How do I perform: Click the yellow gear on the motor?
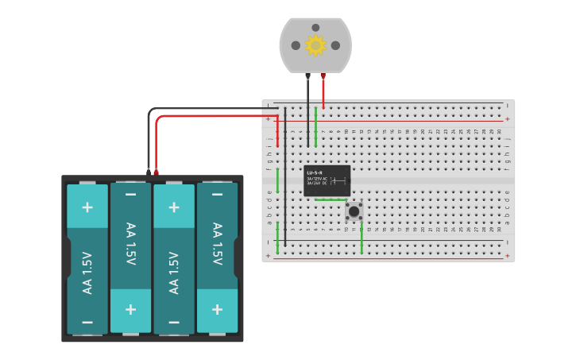tap(315, 45)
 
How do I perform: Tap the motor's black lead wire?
tap(308, 111)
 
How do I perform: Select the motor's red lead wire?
tap(323, 91)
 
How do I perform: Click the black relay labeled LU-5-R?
tap(327, 180)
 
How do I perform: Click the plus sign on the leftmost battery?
tap(87, 207)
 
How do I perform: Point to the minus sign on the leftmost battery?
tap(87, 322)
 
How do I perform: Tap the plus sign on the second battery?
tap(130, 309)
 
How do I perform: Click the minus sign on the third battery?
tap(173, 322)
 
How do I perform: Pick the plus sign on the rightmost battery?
tap(217, 309)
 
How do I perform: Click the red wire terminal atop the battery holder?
tap(156, 172)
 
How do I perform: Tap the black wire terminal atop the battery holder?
tap(149, 172)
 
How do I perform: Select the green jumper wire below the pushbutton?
tap(362, 238)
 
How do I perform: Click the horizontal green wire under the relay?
tap(331, 199)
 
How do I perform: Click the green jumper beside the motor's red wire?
tap(316, 127)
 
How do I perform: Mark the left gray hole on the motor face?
tap(296, 45)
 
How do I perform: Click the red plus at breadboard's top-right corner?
tap(507, 118)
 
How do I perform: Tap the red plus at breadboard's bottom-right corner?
tap(507, 256)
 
